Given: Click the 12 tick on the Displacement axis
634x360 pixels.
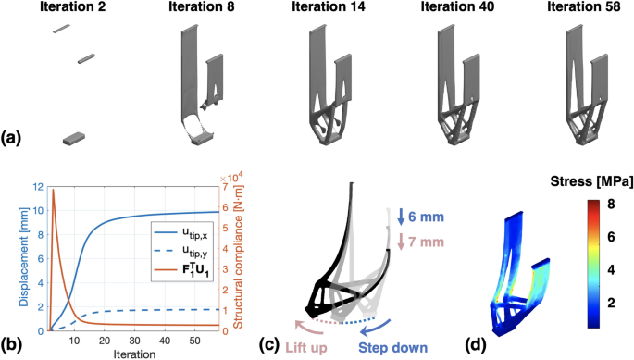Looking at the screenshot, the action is click(37, 187).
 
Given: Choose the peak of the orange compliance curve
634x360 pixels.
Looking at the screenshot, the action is click(53, 189).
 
